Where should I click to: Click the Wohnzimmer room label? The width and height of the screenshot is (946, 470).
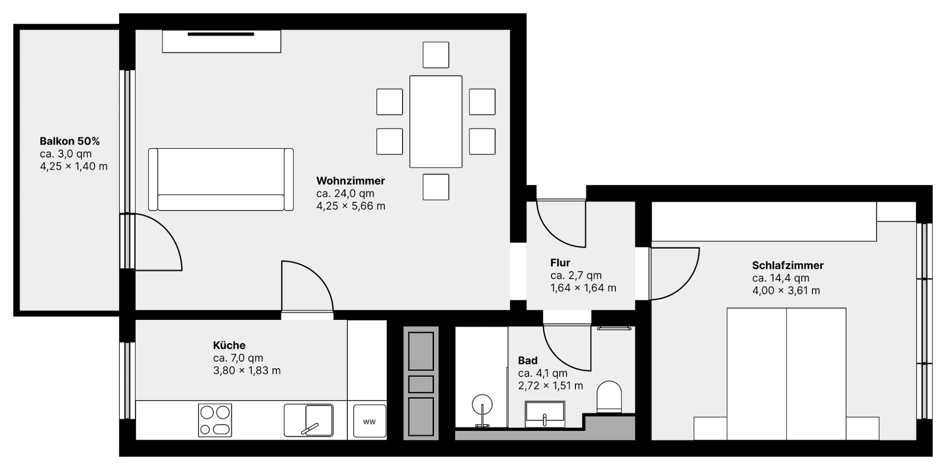pyautogui.click(x=350, y=181)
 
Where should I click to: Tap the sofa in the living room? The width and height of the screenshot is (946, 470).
pyautogui.click(x=221, y=180)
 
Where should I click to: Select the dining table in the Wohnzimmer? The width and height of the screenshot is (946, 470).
pyautogui.click(x=436, y=121)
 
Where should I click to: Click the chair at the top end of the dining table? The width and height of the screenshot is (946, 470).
pyautogui.click(x=436, y=55)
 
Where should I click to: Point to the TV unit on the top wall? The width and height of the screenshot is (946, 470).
pyautogui.click(x=221, y=41)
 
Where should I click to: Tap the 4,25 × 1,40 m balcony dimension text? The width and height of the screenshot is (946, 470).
pyautogui.click(x=74, y=166)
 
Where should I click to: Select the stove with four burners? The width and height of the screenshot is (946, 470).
pyautogui.click(x=215, y=420)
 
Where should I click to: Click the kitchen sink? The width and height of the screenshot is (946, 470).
pyautogui.click(x=309, y=420)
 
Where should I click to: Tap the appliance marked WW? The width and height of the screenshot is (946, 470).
pyautogui.click(x=369, y=421)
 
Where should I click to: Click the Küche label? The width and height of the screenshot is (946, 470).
pyautogui.click(x=229, y=345)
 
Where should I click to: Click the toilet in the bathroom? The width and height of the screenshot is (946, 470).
pyautogui.click(x=609, y=396)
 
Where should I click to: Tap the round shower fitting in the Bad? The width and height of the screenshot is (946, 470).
pyautogui.click(x=482, y=406)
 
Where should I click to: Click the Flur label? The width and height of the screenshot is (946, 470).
pyautogui.click(x=560, y=263)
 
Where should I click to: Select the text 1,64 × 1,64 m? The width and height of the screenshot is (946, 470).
pyautogui.click(x=583, y=288)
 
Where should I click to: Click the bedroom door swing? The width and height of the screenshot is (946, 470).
pyautogui.click(x=675, y=273)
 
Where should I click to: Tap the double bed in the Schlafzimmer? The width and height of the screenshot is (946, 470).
pyautogui.click(x=786, y=374)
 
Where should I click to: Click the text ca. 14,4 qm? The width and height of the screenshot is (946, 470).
pyautogui.click(x=780, y=278)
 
